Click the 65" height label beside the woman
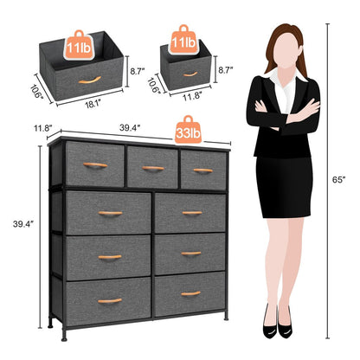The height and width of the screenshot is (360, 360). [344, 180]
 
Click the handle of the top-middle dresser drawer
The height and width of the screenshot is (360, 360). [153, 168]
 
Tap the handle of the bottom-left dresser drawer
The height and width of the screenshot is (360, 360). [109, 300]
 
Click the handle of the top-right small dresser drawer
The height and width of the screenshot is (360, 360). [203, 170]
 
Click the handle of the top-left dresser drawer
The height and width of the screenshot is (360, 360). [95, 165]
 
